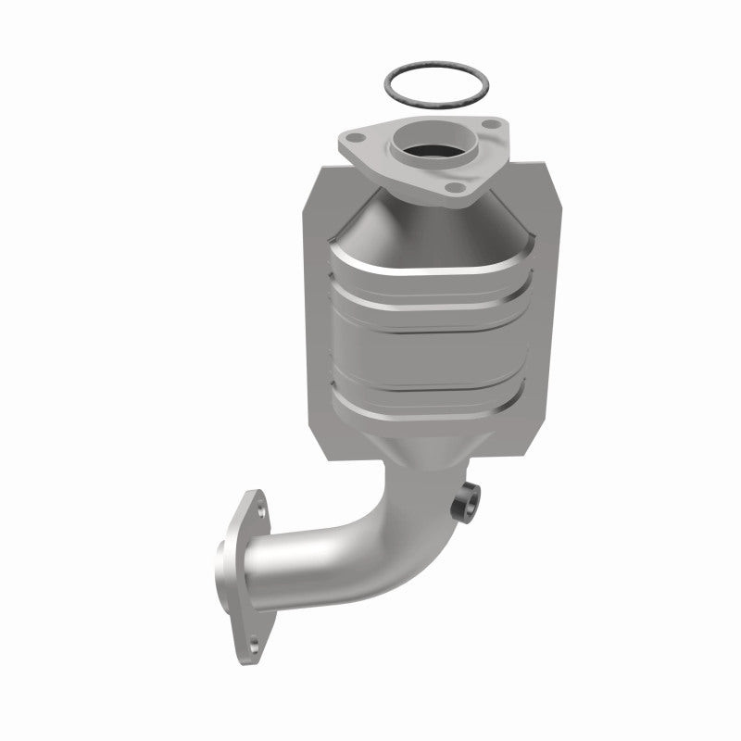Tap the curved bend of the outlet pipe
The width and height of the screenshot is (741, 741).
point(389,533)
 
